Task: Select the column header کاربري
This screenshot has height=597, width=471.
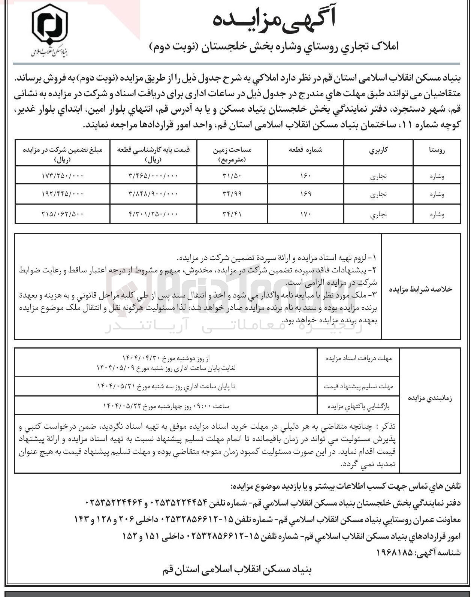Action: [x=379, y=150]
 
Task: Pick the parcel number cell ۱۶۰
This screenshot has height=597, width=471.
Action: [x=306, y=175]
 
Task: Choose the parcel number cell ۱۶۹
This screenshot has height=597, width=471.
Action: [x=306, y=194]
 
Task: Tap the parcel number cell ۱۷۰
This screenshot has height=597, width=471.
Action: [x=306, y=214]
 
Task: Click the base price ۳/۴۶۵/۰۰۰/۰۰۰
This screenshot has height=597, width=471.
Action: [x=154, y=175]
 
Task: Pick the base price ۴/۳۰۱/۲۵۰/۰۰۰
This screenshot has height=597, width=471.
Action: [x=154, y=214]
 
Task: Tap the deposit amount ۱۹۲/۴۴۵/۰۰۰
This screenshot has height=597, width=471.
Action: [x=63, y=194]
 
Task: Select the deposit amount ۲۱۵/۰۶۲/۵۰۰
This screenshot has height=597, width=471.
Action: [x=63, y=214]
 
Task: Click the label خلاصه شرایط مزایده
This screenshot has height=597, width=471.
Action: [x=421, y=289]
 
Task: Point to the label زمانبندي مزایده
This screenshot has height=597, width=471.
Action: [x=430, y=398]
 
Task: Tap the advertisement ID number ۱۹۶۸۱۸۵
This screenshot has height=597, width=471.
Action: [x=393, y=552]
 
